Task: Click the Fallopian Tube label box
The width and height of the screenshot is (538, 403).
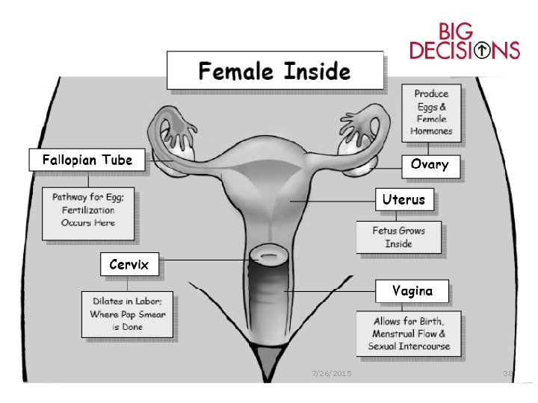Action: point(87,160)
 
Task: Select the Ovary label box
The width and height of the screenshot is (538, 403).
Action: point(430,164)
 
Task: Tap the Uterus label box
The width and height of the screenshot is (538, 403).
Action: point(403,199)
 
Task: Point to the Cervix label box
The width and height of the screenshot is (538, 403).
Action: point(129,264)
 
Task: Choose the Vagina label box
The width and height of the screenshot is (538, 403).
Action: point(412,291)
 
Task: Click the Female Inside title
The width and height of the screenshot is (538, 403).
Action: point(274,72)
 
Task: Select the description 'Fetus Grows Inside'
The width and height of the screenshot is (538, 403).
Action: point(398,237)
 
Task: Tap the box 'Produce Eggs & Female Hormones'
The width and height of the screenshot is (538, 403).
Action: point(431,113)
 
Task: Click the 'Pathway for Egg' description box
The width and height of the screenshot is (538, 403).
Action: point(89,212)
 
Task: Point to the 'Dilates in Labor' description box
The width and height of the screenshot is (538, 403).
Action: point(129,314)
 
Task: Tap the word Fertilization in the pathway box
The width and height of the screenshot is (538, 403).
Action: point(88,211)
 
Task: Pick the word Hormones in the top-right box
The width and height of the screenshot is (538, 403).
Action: point(431,131)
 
